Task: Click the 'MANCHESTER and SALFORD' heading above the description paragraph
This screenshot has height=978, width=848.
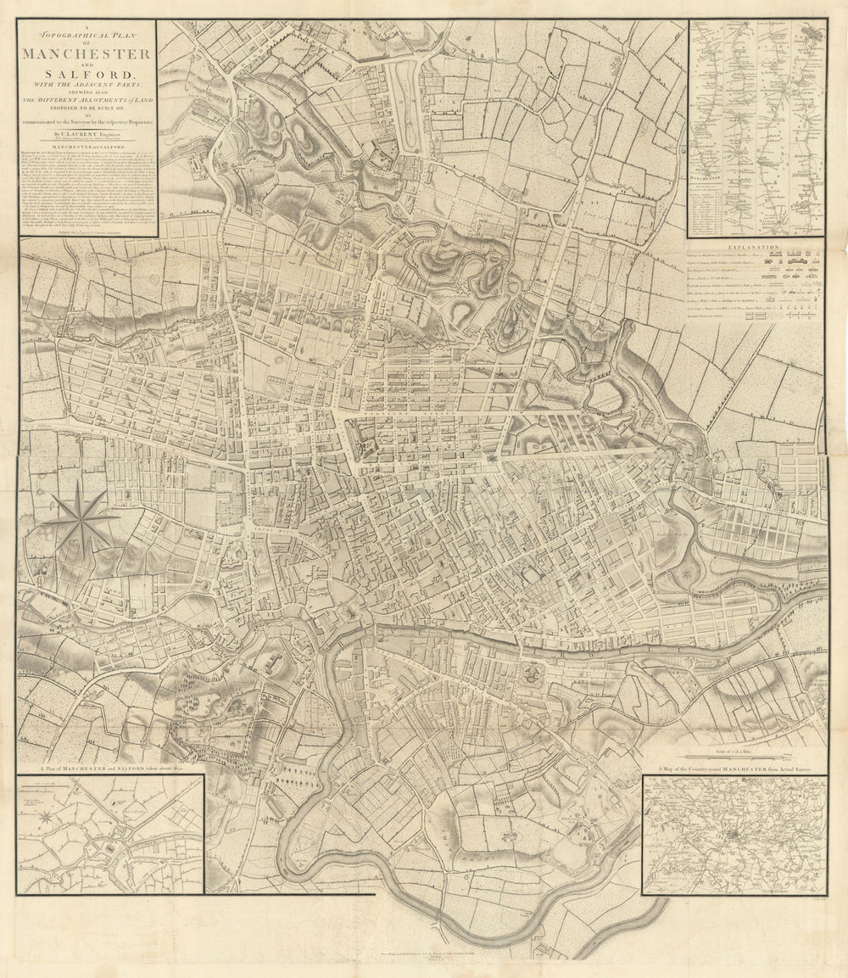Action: pyautogui.click(x=87, y=147)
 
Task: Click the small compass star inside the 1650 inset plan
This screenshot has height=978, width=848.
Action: pyautogui.click(x=48, y=817)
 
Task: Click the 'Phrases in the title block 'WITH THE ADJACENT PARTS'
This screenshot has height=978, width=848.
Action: pyautogui.click(x=87, y=87)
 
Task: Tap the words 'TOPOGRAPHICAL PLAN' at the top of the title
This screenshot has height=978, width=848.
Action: pyautogui.click(x=87, y=39)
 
